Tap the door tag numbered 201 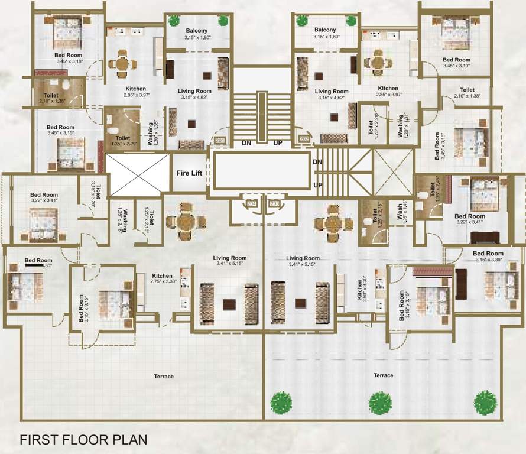220,141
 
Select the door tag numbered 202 304,139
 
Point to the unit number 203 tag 274,203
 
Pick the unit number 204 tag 252,203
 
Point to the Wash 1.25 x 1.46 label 402,213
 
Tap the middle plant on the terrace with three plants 379,403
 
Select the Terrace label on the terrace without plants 164,377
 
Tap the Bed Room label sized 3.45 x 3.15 60,130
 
